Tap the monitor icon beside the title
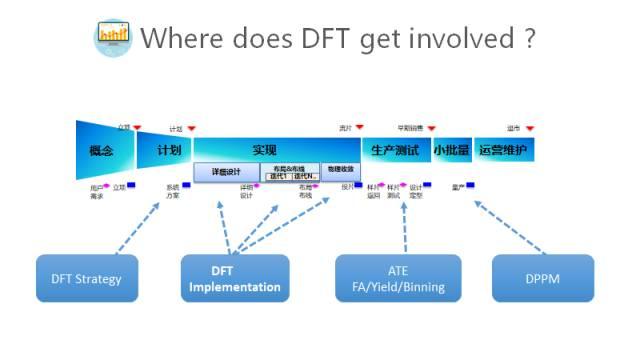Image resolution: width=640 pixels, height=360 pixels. [x=112, y=38]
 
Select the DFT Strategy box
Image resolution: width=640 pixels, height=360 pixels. [x=86, y=278]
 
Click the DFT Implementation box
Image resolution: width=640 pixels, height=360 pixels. [x=235, y=278]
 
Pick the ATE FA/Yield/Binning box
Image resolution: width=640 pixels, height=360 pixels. [x=398, y=278]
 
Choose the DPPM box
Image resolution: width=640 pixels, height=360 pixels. [x=543, y=278]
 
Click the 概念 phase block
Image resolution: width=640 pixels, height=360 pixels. [x=101, y=150]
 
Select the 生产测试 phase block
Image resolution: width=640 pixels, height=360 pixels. [x=394, y=150]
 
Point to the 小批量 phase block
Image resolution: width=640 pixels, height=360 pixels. [x=450, y=150]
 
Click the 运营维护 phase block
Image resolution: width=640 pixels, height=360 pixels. [x=502, y=150]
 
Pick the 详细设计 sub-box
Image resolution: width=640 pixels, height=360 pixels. [x=226, y=171]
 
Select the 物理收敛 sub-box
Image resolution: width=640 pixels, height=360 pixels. [x=340, y=170]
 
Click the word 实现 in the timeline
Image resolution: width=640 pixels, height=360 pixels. [x=265, y=149]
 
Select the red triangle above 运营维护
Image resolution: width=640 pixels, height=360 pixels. [x=529, y=128]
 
